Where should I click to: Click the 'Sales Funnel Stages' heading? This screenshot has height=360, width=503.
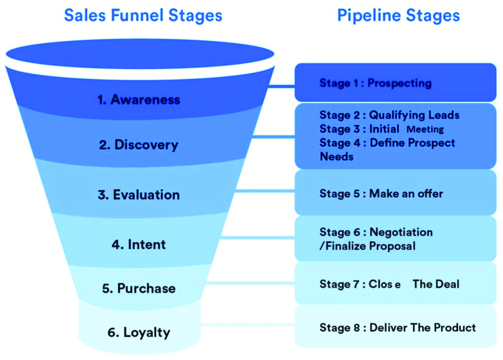(x=143, y=14)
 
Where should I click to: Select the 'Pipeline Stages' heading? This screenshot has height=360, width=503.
(x=398, y=14)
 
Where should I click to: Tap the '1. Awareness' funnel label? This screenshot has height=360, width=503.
(x=138, y=99)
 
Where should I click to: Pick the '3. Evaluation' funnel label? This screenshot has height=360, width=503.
(x=138, y=195)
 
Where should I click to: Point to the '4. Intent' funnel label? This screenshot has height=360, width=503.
(x=138, y=244)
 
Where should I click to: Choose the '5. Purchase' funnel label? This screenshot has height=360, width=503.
(x=138, y=288)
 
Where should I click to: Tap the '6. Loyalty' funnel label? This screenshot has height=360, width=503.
(x=138, y=332)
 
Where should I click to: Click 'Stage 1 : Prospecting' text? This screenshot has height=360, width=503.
(x=375, y=83)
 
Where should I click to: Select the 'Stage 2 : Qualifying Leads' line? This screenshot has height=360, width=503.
(x=389, y=115)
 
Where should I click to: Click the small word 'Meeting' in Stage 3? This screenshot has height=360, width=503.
(x=425, y=129)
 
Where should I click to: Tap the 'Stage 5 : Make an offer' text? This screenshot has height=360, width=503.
(x=381, y=194)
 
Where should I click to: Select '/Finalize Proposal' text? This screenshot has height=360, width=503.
(x=367, y=246)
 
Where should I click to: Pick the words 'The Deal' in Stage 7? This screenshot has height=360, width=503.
(x=436, y=284)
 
